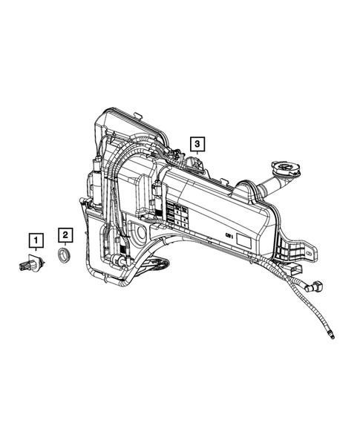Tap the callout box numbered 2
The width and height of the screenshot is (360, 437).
66,235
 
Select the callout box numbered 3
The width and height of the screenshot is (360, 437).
197,142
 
